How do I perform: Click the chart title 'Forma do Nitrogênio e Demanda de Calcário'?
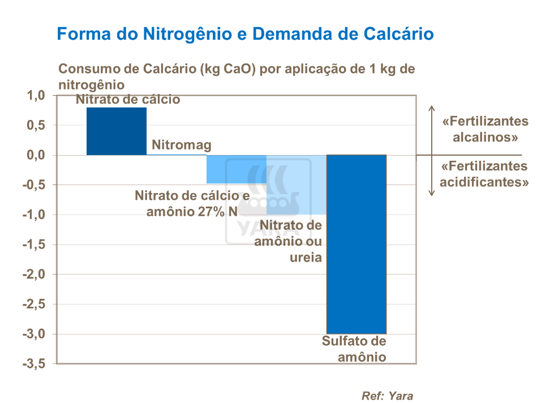pyautogui.click(x=246, y=34)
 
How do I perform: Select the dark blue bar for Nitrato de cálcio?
pyautogui.click(x=117, y=131)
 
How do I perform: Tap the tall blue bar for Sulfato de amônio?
pyautogui.click(x=356, y=244)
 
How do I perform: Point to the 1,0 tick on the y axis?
pyautogui.click(x=36, y=96)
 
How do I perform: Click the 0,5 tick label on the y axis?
pyautogui.click(x=36, y=126)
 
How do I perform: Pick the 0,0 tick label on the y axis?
pyautogui.click(x=36, y=155)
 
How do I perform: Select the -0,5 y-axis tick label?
pyautogui.click(x=33, y=185)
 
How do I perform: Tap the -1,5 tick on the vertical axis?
pyautogui.click(x=33, y=245)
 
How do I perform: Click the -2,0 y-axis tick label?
pyautogui.click(x=33, y=275)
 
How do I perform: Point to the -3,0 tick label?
pyautogui.click(x=33, y=334)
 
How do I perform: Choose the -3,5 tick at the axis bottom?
pyautogui.click(x=33, y=364)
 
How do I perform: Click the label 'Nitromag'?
pyautogui.click(x=182, y=145)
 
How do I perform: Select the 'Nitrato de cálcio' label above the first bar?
pyautogui.click(x=128, y=100)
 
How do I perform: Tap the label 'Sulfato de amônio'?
pyautogui.click(x=354, y=349)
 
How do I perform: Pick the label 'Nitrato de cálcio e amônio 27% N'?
pyautogui.click(x=192, y=204)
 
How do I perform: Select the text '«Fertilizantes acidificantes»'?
pyautogui.click(x=484, y=174)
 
